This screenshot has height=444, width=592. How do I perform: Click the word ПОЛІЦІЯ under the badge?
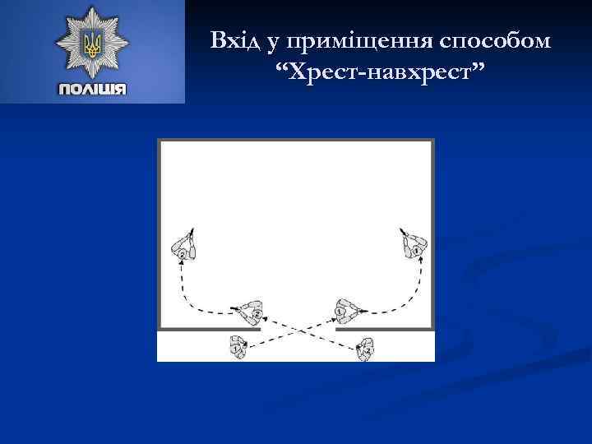(x=92, y=89)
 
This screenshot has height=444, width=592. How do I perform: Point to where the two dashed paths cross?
(x=298, y=329)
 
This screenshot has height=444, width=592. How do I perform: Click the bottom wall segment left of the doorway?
(x=210, y=328)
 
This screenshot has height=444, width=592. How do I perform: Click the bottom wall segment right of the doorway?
(x=385, y=328)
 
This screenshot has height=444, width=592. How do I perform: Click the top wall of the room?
(x=296, y=141)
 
